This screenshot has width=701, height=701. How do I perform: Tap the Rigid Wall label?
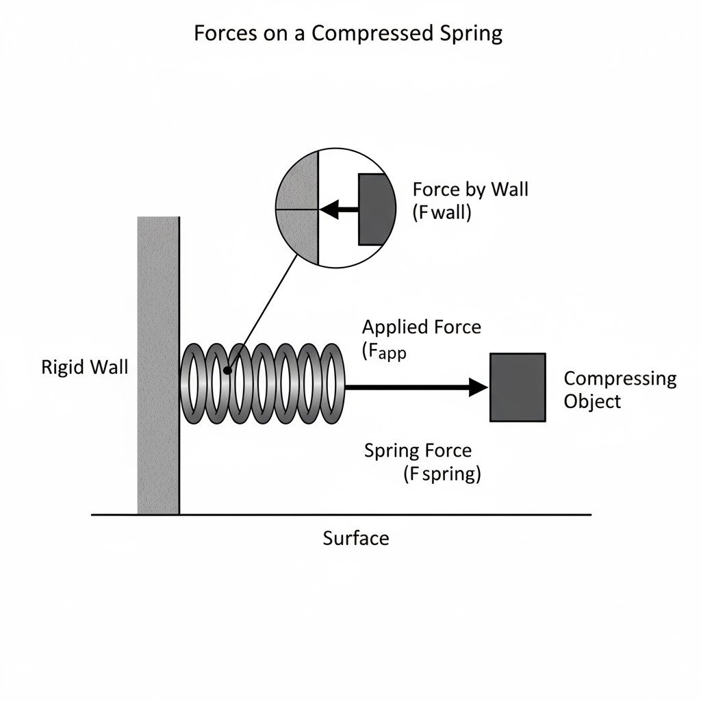tap(84, 367)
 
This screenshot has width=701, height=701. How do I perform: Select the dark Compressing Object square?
tap(518, 387)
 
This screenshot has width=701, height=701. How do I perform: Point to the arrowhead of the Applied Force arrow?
tap(478, 387)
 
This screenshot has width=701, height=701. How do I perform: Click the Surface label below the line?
tap(355, 538)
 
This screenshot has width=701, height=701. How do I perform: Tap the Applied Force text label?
tap(421, 327)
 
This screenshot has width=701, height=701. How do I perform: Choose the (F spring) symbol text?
tap(442, 473)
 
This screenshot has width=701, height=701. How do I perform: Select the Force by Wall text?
tap(470, 189)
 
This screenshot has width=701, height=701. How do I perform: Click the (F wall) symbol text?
tap(442, 212)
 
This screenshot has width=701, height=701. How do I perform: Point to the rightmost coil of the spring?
tap(333, 383)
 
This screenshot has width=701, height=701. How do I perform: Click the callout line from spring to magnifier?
tap(264, 311)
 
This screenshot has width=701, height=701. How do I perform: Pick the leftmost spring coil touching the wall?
tap(192, 383)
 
